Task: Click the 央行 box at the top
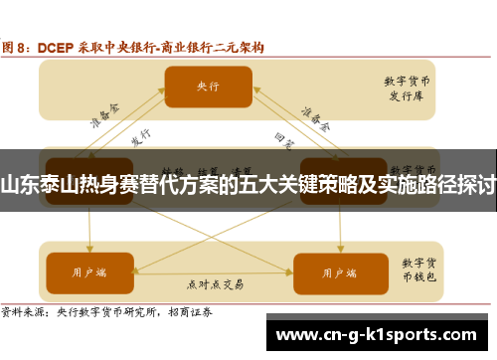(207, 87)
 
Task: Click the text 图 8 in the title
(20, 47)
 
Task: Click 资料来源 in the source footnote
(26, 312)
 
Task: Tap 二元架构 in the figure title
(239, 47)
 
